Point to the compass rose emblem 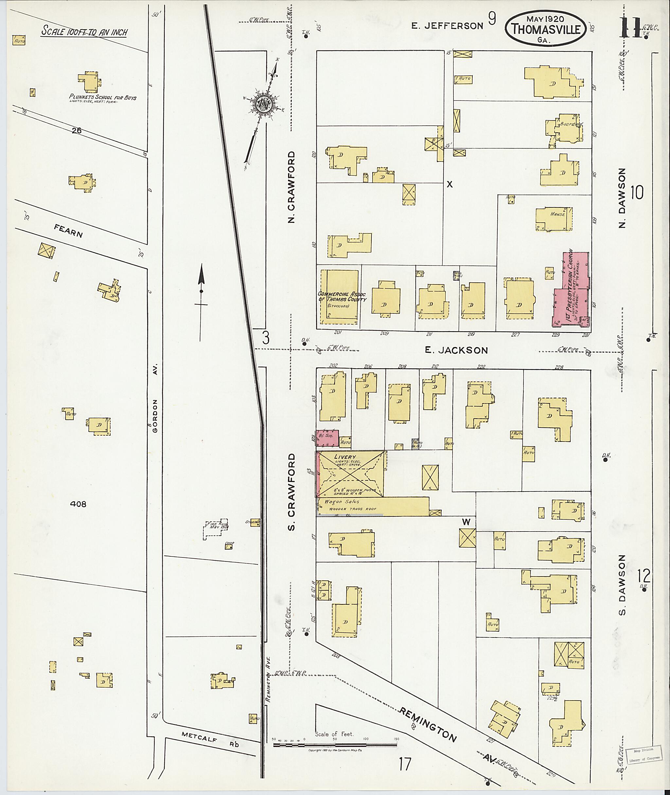pos(262,103)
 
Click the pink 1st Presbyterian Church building pos(571,293)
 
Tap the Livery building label pos(345,457)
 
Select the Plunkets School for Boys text pos(102,97)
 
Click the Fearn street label pos(68,231)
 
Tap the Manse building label pos(557,214)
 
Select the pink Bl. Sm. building pos(327,439)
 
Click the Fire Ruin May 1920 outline pos(216,529)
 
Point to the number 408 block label pos(78,504)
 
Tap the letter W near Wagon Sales pos(466,522)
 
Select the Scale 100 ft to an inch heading pos(84,31)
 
